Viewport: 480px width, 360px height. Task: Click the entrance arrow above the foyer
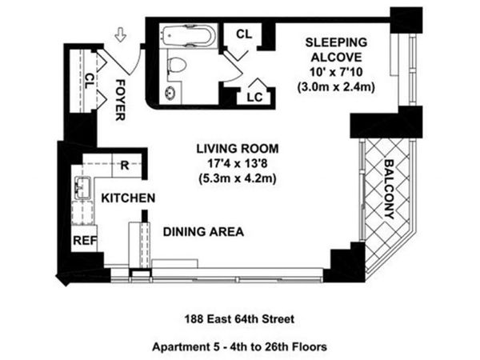(121, 34)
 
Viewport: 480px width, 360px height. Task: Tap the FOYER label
(121, 99)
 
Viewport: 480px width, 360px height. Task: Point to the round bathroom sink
(171, 92)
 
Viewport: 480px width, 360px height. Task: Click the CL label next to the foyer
(89, 81)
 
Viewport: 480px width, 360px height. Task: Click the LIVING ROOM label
(238, 148)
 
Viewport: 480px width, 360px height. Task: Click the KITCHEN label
(127, 198)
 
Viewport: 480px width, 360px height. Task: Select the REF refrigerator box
(84, 239)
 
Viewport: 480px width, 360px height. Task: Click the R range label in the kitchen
(126, 166)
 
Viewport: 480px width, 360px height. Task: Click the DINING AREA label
(203, 233)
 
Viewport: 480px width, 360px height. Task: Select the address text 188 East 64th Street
(238, 319)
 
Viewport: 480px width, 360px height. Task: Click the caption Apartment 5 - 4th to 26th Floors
(238, 346)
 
